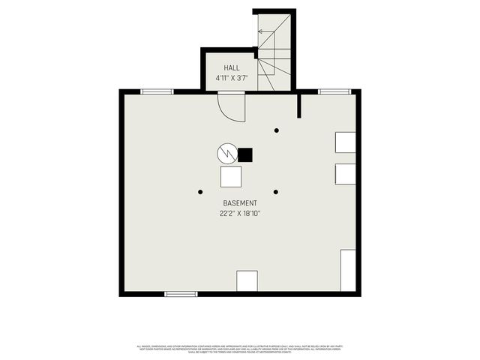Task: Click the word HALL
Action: [221, 67]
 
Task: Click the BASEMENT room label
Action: [240, 203]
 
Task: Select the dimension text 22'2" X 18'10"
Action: [240, 214]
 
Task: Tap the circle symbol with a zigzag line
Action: [226, 154]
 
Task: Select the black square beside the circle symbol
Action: [245, 154]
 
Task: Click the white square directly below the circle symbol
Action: [231, 176]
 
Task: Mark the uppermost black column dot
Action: [276, 130]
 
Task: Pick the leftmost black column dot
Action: [200, 192]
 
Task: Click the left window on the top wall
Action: [157, 91]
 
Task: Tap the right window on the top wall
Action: [334, 91]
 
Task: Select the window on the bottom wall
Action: [181, 294]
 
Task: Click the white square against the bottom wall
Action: [247, 280]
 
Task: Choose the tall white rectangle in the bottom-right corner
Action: [348, 271]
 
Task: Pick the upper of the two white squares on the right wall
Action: [346, 142]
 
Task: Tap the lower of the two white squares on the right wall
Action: [346, 174]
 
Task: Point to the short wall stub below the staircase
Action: [299, 105]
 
